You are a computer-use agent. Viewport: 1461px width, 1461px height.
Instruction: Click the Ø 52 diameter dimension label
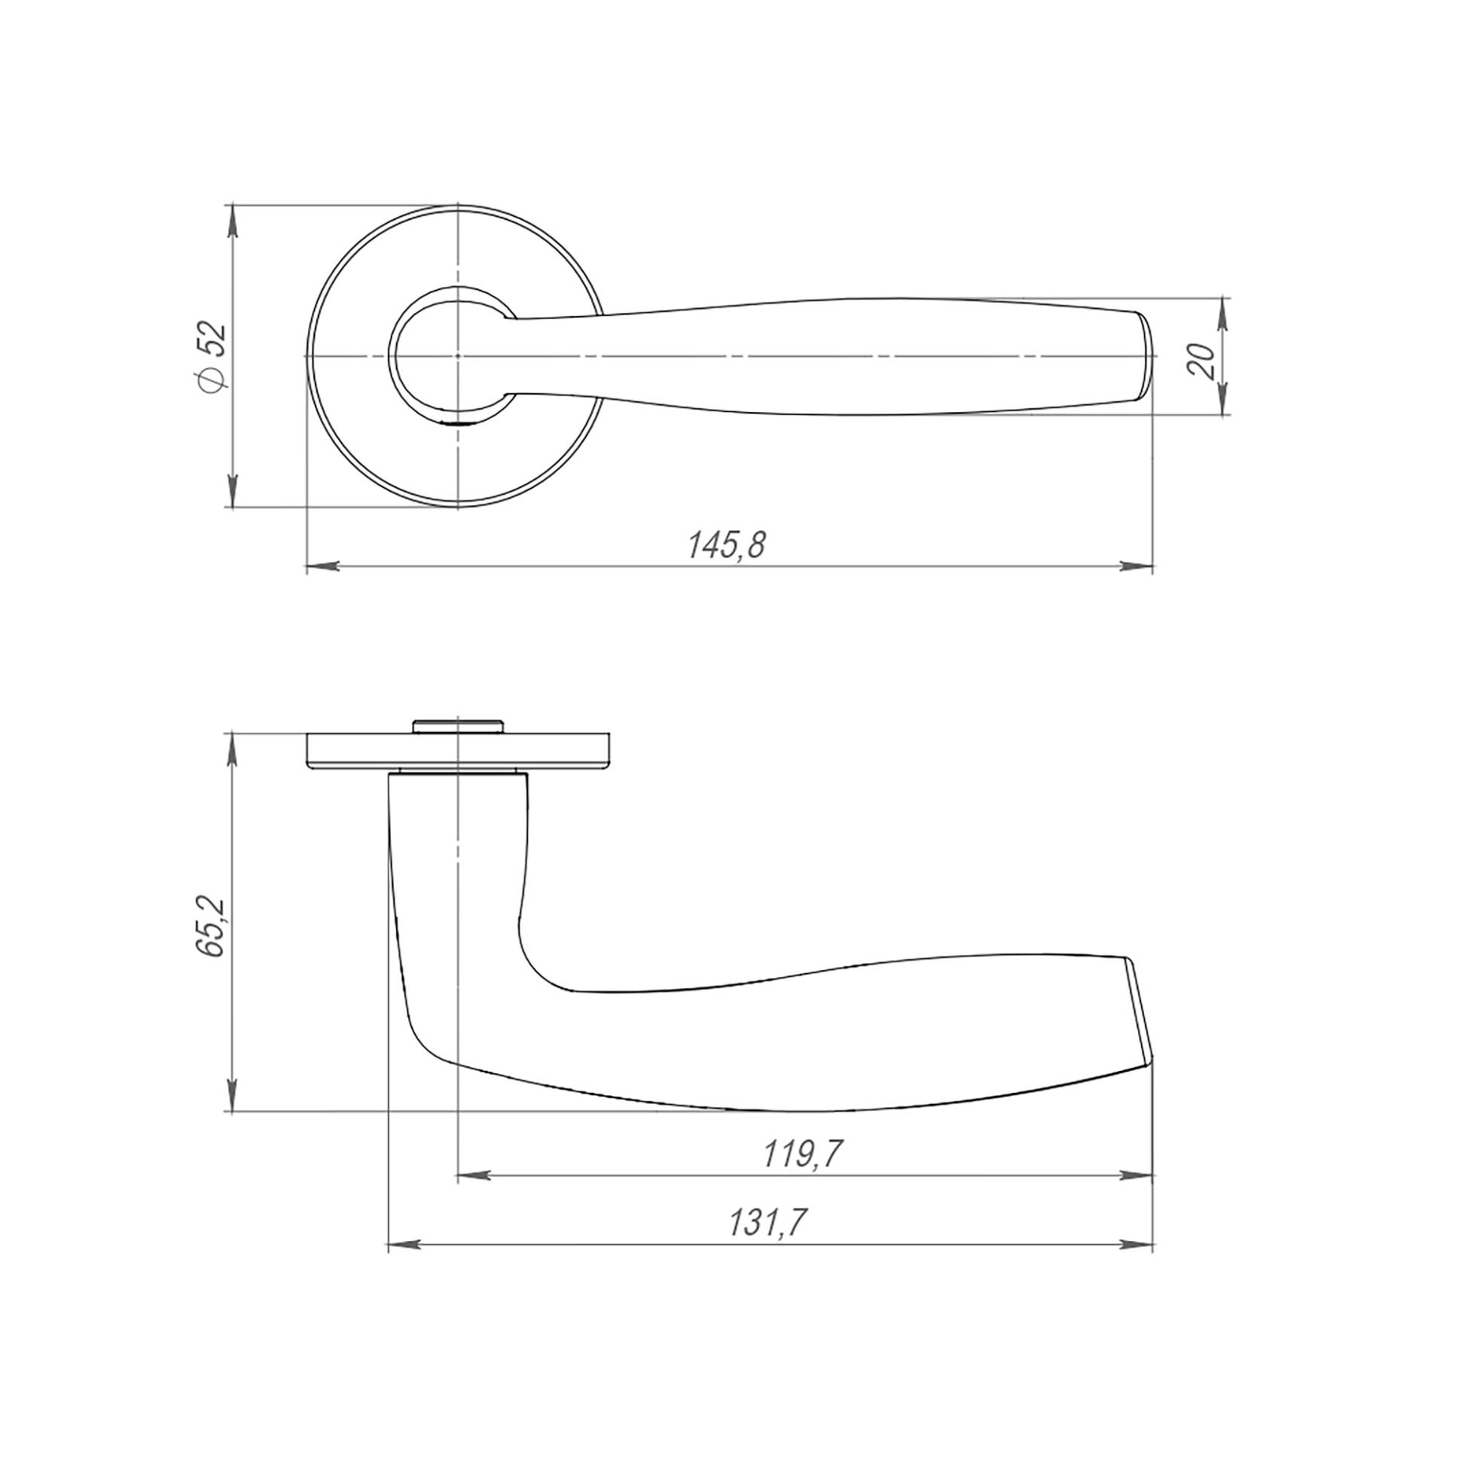click(x=210, y=356)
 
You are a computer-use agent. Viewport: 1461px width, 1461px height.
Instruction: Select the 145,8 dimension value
click(x=727, y=545)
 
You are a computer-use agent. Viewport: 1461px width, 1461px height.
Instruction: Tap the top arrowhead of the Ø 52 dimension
click(x=233, y=220)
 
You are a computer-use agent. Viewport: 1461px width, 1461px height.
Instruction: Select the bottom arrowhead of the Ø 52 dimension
click(x=233, y=491)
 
